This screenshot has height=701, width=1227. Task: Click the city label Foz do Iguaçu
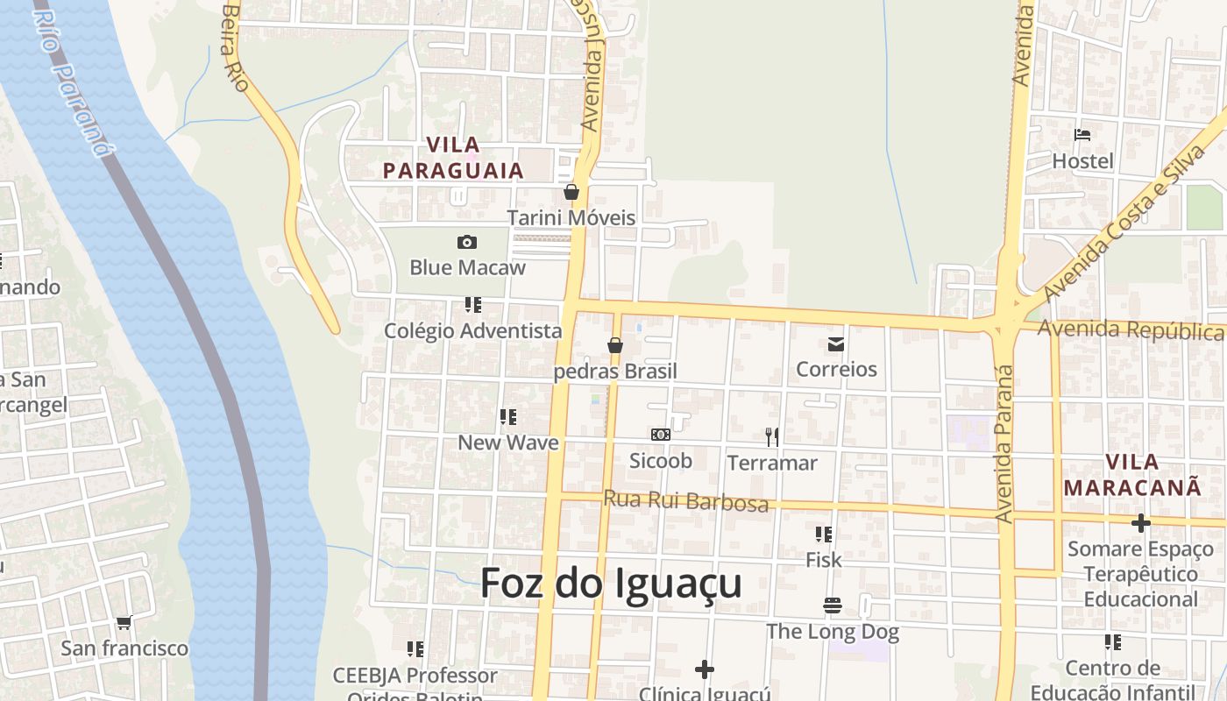611,584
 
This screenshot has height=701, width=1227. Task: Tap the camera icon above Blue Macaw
467,242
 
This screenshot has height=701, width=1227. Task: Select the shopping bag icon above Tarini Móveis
571,192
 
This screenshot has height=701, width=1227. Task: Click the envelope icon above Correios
836,344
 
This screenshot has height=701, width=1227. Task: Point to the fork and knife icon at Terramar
772,436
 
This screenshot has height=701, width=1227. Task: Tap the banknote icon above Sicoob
661,435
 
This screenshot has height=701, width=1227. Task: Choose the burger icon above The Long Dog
832,605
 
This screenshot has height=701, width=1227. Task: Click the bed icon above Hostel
1082,135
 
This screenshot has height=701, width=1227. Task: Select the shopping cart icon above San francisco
124,623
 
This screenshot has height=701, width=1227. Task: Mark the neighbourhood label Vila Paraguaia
453,158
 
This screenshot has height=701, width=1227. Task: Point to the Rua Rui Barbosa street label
685,500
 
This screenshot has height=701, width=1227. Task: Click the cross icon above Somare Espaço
1140,523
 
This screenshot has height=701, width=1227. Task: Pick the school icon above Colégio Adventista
473,305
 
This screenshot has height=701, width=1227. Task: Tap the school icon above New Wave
508,417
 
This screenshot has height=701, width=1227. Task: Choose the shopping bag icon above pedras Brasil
615,345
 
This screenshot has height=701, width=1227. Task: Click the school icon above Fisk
824,534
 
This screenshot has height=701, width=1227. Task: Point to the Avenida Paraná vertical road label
1004,443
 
